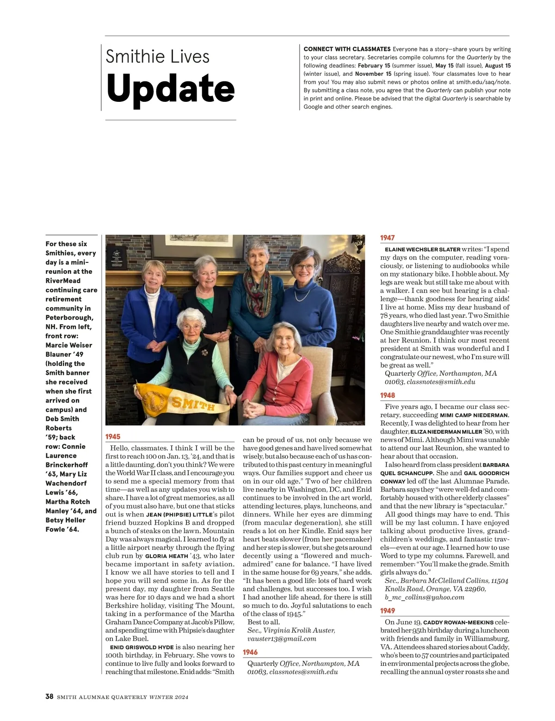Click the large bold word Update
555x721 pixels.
point(170,89)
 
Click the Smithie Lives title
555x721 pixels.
point(157,56)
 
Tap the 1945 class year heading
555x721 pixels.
point(113,436)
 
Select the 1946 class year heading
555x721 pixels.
point(250,652)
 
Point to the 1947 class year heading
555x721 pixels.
point(388,237)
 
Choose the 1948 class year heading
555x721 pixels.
point(388,395)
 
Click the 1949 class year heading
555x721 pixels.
point(388,611)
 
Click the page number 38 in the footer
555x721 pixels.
point(49,696)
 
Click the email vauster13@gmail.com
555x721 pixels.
point(282,639)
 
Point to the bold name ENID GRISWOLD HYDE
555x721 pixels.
point(142,647)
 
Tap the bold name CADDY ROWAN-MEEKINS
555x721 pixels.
point(458,622)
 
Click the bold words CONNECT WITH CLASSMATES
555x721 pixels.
point(347,49)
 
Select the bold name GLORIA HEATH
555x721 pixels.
point(166,556)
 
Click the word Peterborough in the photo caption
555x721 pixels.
point(69,317)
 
